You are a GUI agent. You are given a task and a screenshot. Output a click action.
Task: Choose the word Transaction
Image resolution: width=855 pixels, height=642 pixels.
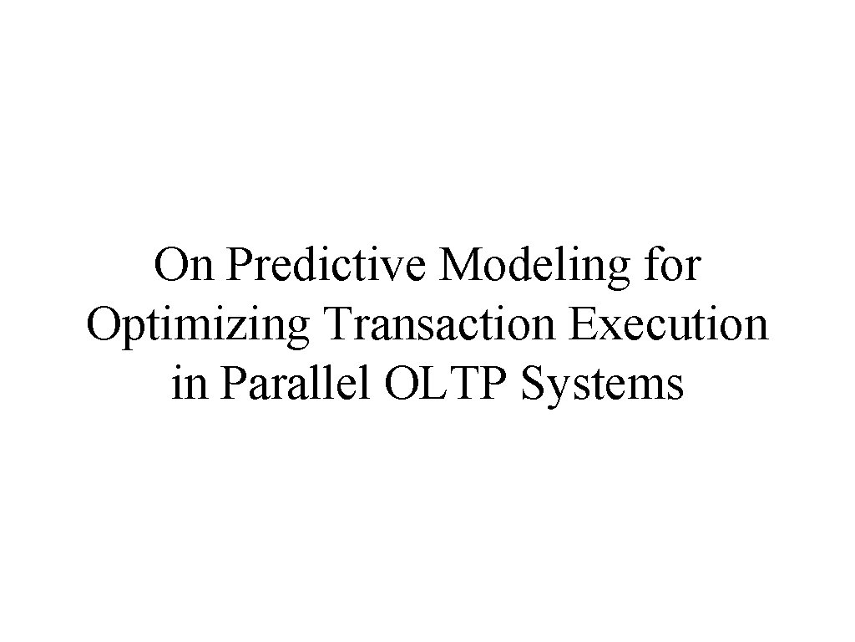coord(440,326)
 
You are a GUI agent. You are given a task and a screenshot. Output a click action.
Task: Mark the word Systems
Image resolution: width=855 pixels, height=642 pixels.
coord(600,386)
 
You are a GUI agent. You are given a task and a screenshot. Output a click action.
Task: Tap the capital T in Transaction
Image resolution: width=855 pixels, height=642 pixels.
coord(332,325)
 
